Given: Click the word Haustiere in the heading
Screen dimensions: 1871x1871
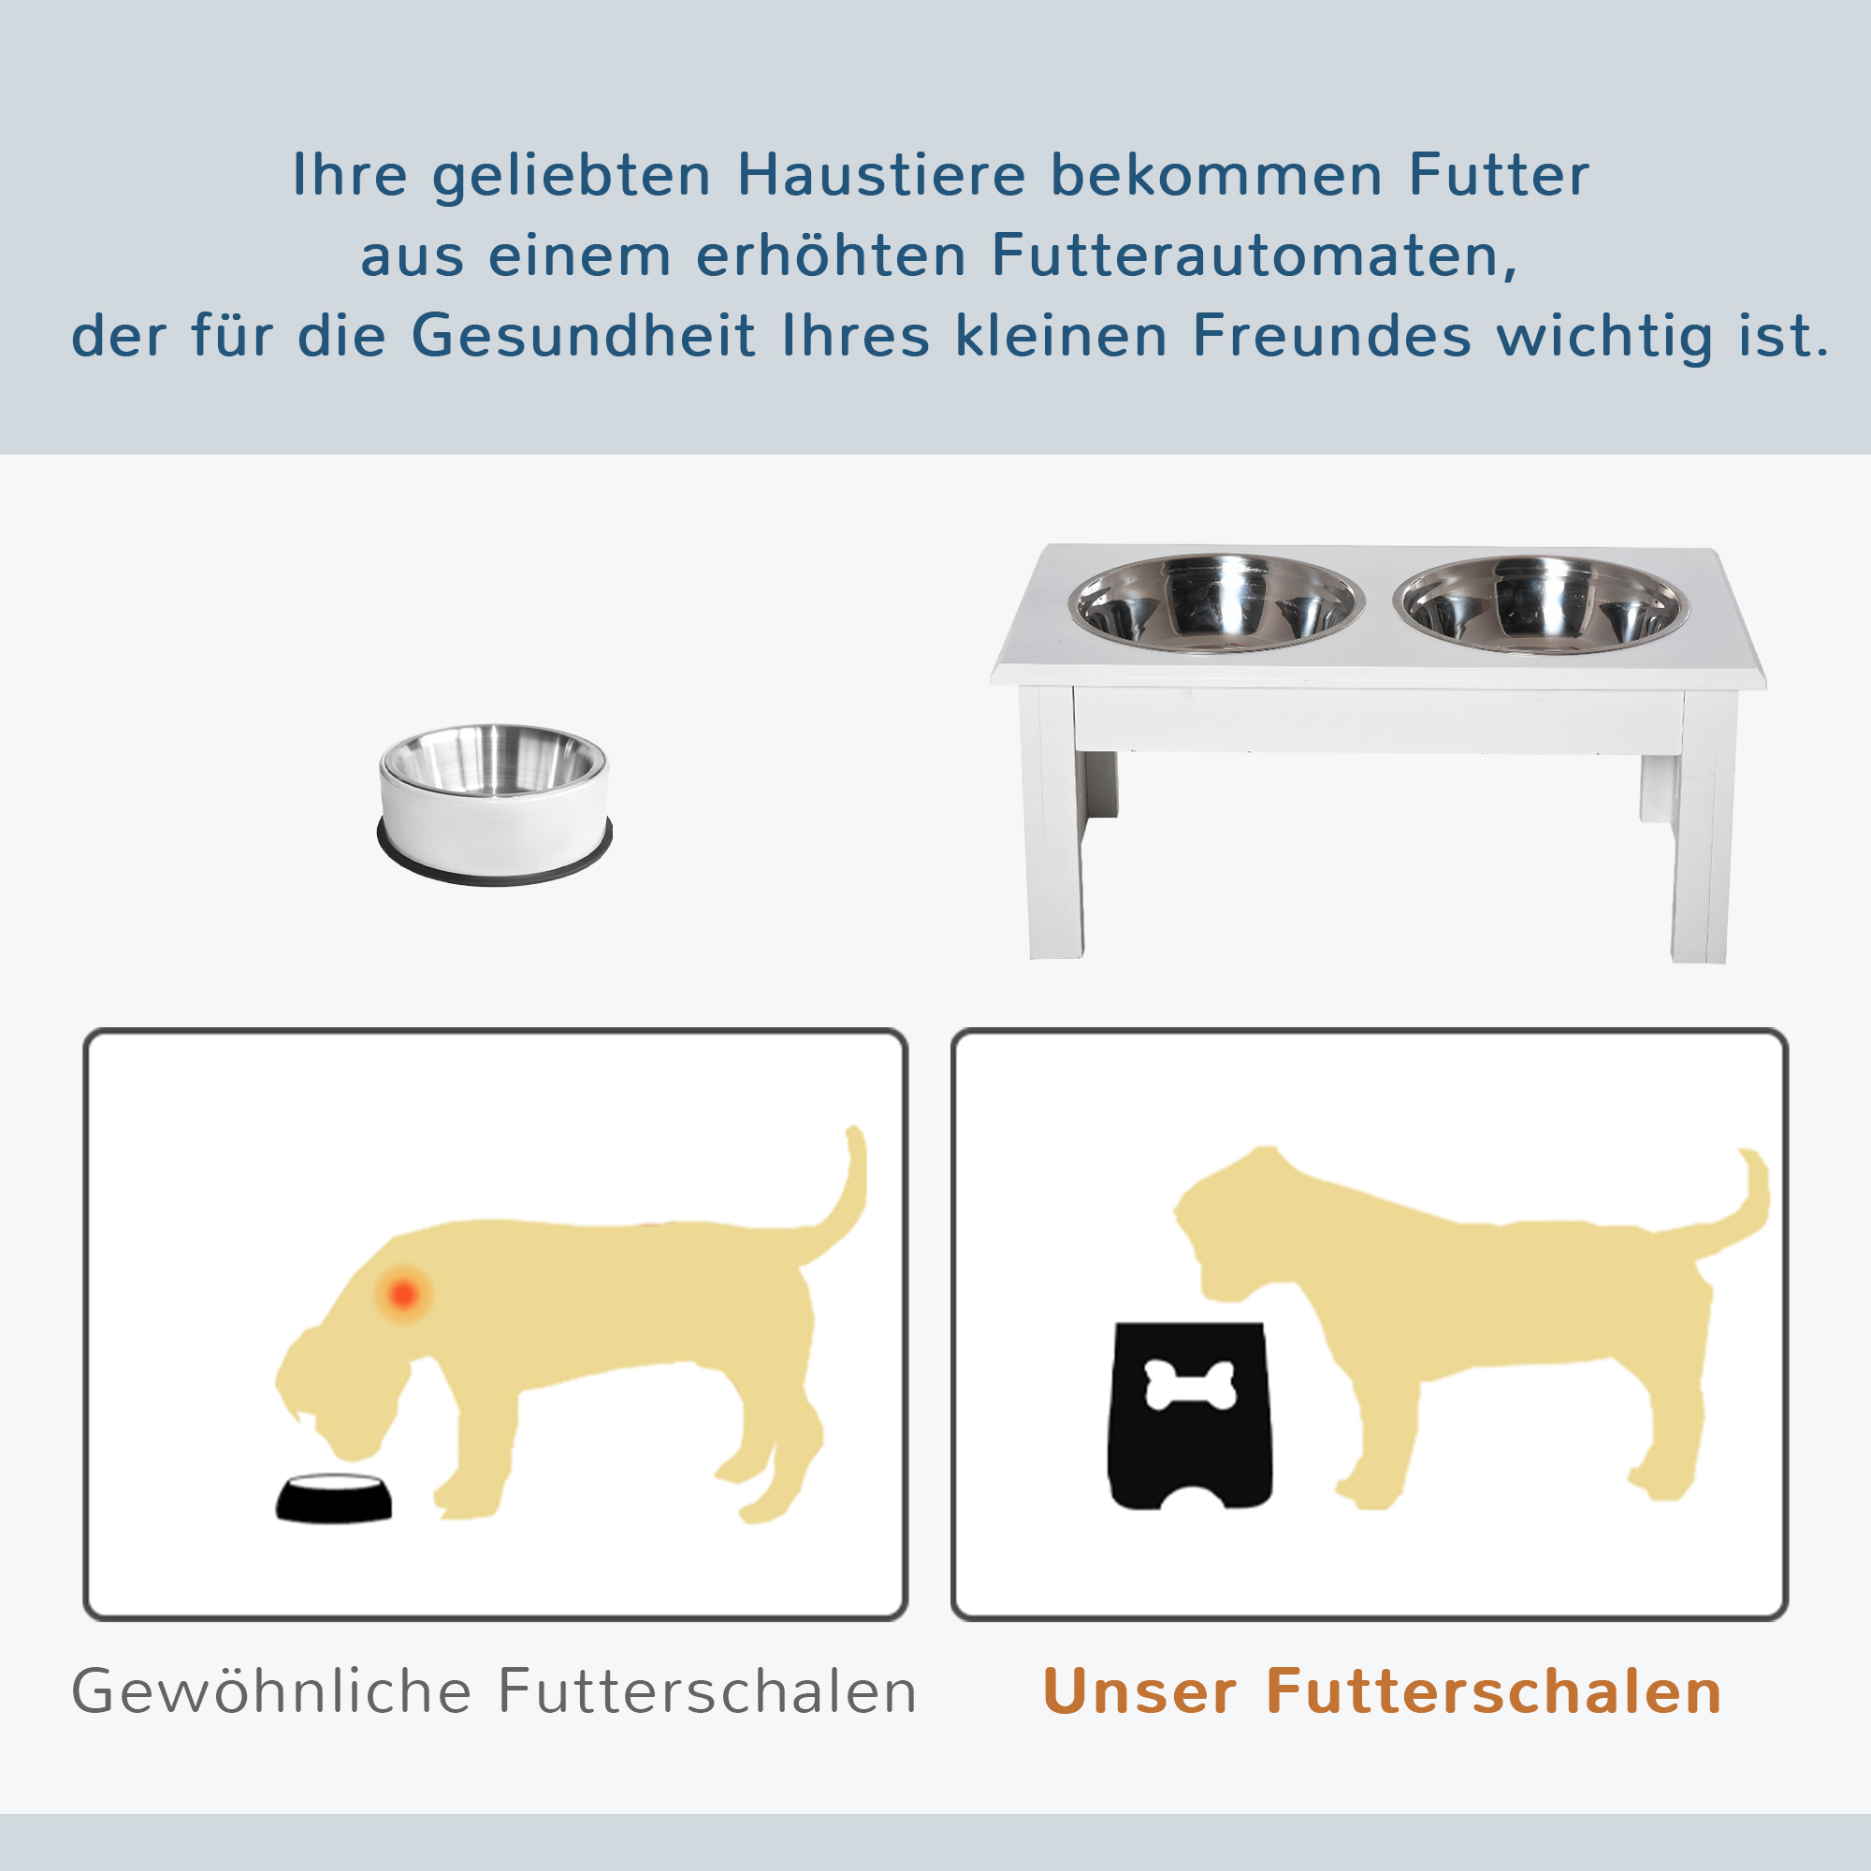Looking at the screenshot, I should click(x=880, y=175).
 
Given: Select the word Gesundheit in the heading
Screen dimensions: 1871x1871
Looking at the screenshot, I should click(x=583, y=336).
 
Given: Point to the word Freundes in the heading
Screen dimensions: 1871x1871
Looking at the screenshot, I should click(x=1331, y=336).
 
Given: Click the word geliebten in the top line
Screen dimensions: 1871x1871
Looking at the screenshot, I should click(x=572, y=177).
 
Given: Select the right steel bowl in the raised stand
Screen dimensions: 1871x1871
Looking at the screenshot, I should click(x=1542, y=604).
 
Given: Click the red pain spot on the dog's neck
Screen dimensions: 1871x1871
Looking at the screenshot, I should click(x=403, y=1294).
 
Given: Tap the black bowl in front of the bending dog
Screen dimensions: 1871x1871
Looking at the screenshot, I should click(x=334, y=1498).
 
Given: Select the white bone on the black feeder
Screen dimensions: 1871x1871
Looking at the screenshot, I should click(x=1190, y=1385).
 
